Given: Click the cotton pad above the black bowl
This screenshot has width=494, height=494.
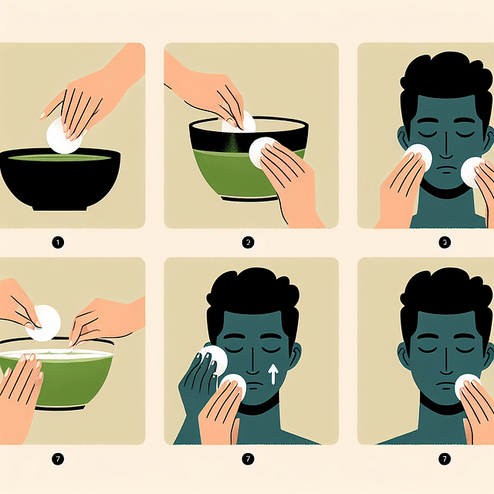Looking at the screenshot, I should tap(61, 137).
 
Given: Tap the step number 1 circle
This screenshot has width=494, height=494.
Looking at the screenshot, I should tap(58, 242).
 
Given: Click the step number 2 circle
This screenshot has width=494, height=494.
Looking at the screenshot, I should tap(249, 242).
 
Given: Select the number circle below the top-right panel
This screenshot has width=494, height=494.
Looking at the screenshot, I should tap(444, 242).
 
